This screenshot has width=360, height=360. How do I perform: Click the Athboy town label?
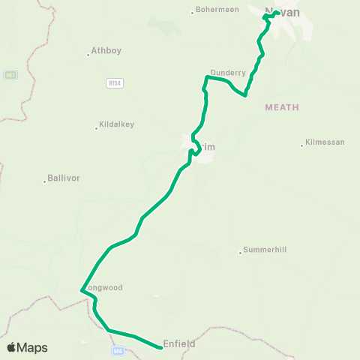point(106,52)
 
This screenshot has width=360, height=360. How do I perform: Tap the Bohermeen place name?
point(217,10)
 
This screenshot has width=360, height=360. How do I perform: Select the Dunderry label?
point(228,73)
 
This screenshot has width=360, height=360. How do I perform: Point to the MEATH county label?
point(281,108)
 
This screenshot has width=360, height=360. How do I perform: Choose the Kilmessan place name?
point(324,144)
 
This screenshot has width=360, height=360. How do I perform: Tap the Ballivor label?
point(64,178)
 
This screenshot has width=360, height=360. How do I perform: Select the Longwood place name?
point(105,287)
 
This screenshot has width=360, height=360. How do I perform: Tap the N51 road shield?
point(10,75)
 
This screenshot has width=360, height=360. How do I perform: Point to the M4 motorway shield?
point(116,350)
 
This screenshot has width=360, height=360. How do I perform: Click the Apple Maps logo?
point(27,347)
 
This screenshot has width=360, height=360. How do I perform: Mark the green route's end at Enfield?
point(160,347)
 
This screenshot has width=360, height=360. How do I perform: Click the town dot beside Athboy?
point(88,52)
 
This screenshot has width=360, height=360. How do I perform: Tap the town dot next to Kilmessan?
point(302,145)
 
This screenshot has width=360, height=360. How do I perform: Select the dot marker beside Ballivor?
point(44,179)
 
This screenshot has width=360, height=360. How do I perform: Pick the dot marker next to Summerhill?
point(240,250)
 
